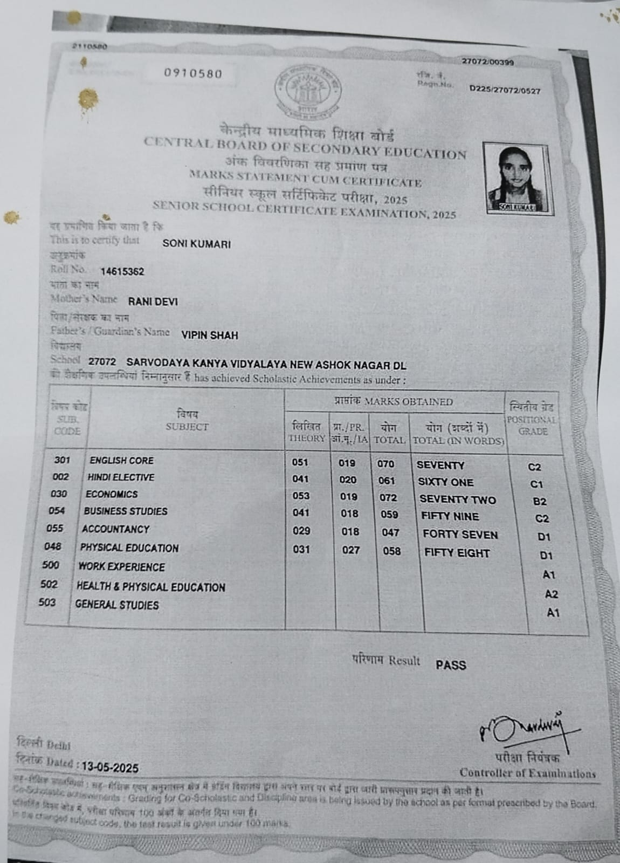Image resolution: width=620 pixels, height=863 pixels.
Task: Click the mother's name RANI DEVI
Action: pyautogui.click(x=153, y=302)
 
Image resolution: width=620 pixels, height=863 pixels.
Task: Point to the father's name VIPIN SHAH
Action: pyautogui.click(x=210, y=335)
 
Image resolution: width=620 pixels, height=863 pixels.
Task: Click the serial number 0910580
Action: pyautogui.click(x=193, y=74)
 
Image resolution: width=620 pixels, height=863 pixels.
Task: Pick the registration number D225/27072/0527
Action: pyautogui.click(x=505, y=90)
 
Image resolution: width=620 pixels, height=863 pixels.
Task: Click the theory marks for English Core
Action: pyautogui.click(x=300, y=462)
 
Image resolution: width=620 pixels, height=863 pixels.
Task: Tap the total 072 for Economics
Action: pyautogui.click(x=388, y=498)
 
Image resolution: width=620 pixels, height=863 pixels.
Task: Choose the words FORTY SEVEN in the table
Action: pyautogui.click(x=460, y=535)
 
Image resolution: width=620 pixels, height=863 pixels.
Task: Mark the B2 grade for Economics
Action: pyautogui.click(x=540, y=502)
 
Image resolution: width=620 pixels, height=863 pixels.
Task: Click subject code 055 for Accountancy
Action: pyautogui.click(x=55, y=529)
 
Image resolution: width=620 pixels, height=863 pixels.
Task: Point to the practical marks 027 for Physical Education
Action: pyautogui.click(x=351, y=551)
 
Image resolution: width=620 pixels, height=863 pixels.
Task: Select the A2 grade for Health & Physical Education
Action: pyautogui.click(x=552, y=594)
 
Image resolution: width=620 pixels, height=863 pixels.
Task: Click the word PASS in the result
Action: pyautogui.click(x=451, y=665)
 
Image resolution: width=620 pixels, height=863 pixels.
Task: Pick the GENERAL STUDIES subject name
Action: pyautogui.click(x=117, y=605)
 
